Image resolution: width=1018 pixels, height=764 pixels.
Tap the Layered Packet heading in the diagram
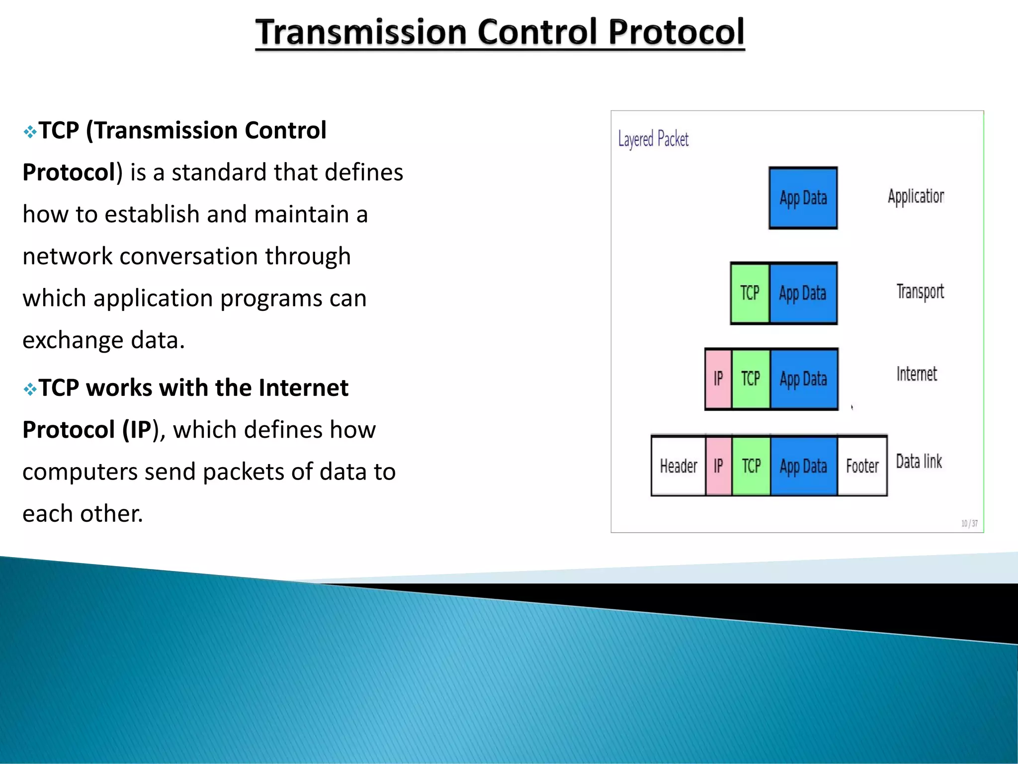coord(653,139)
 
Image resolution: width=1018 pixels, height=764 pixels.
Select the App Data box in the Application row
coord(803,198)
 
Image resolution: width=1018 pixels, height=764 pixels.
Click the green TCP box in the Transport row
coord(750,293)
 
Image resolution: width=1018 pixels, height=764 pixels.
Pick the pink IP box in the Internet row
coord(718,379)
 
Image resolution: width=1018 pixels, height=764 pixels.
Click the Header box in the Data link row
coord(679,466)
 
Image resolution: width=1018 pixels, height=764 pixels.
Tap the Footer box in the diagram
coord(862,466)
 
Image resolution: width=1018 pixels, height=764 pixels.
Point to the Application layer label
coord(916,196)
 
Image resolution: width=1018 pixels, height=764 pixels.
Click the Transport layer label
coord(920,292)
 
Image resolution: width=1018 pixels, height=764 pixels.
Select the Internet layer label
coord(917,374)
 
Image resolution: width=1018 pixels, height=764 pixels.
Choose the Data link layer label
coord(919,462)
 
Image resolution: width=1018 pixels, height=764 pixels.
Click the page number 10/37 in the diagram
coord(969,523)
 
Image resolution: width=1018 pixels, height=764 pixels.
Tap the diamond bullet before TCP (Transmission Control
coord(30,132)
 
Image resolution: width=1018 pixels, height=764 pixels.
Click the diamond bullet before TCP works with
coord(30,389)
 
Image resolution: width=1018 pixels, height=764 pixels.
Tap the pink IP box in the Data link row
coord(718,466)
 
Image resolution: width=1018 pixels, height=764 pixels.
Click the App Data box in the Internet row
coord(803,379)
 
